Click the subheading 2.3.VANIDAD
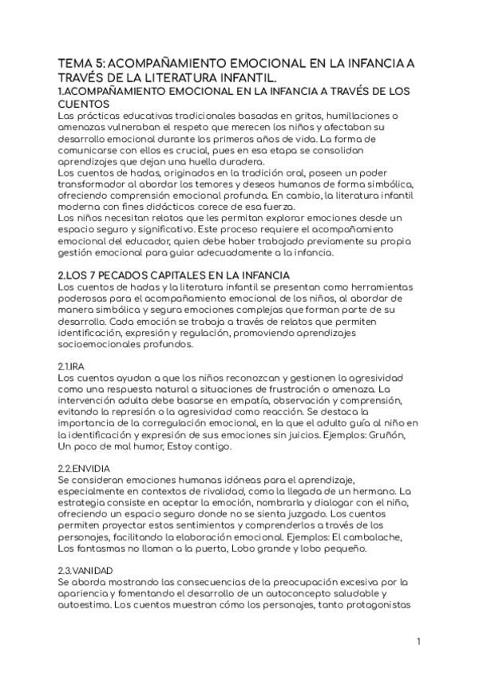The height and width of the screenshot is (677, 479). pyautogui.click(x=85, y=571)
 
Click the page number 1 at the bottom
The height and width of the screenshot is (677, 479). pyautogui.click(x=418, y=642)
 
